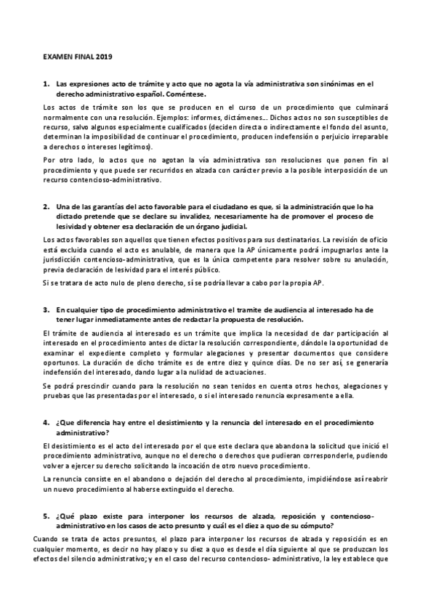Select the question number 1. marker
tap(46, 84)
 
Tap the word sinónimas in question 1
tap(334, 84)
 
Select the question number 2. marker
tap(46, 206)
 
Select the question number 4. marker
tap(46, 421)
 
